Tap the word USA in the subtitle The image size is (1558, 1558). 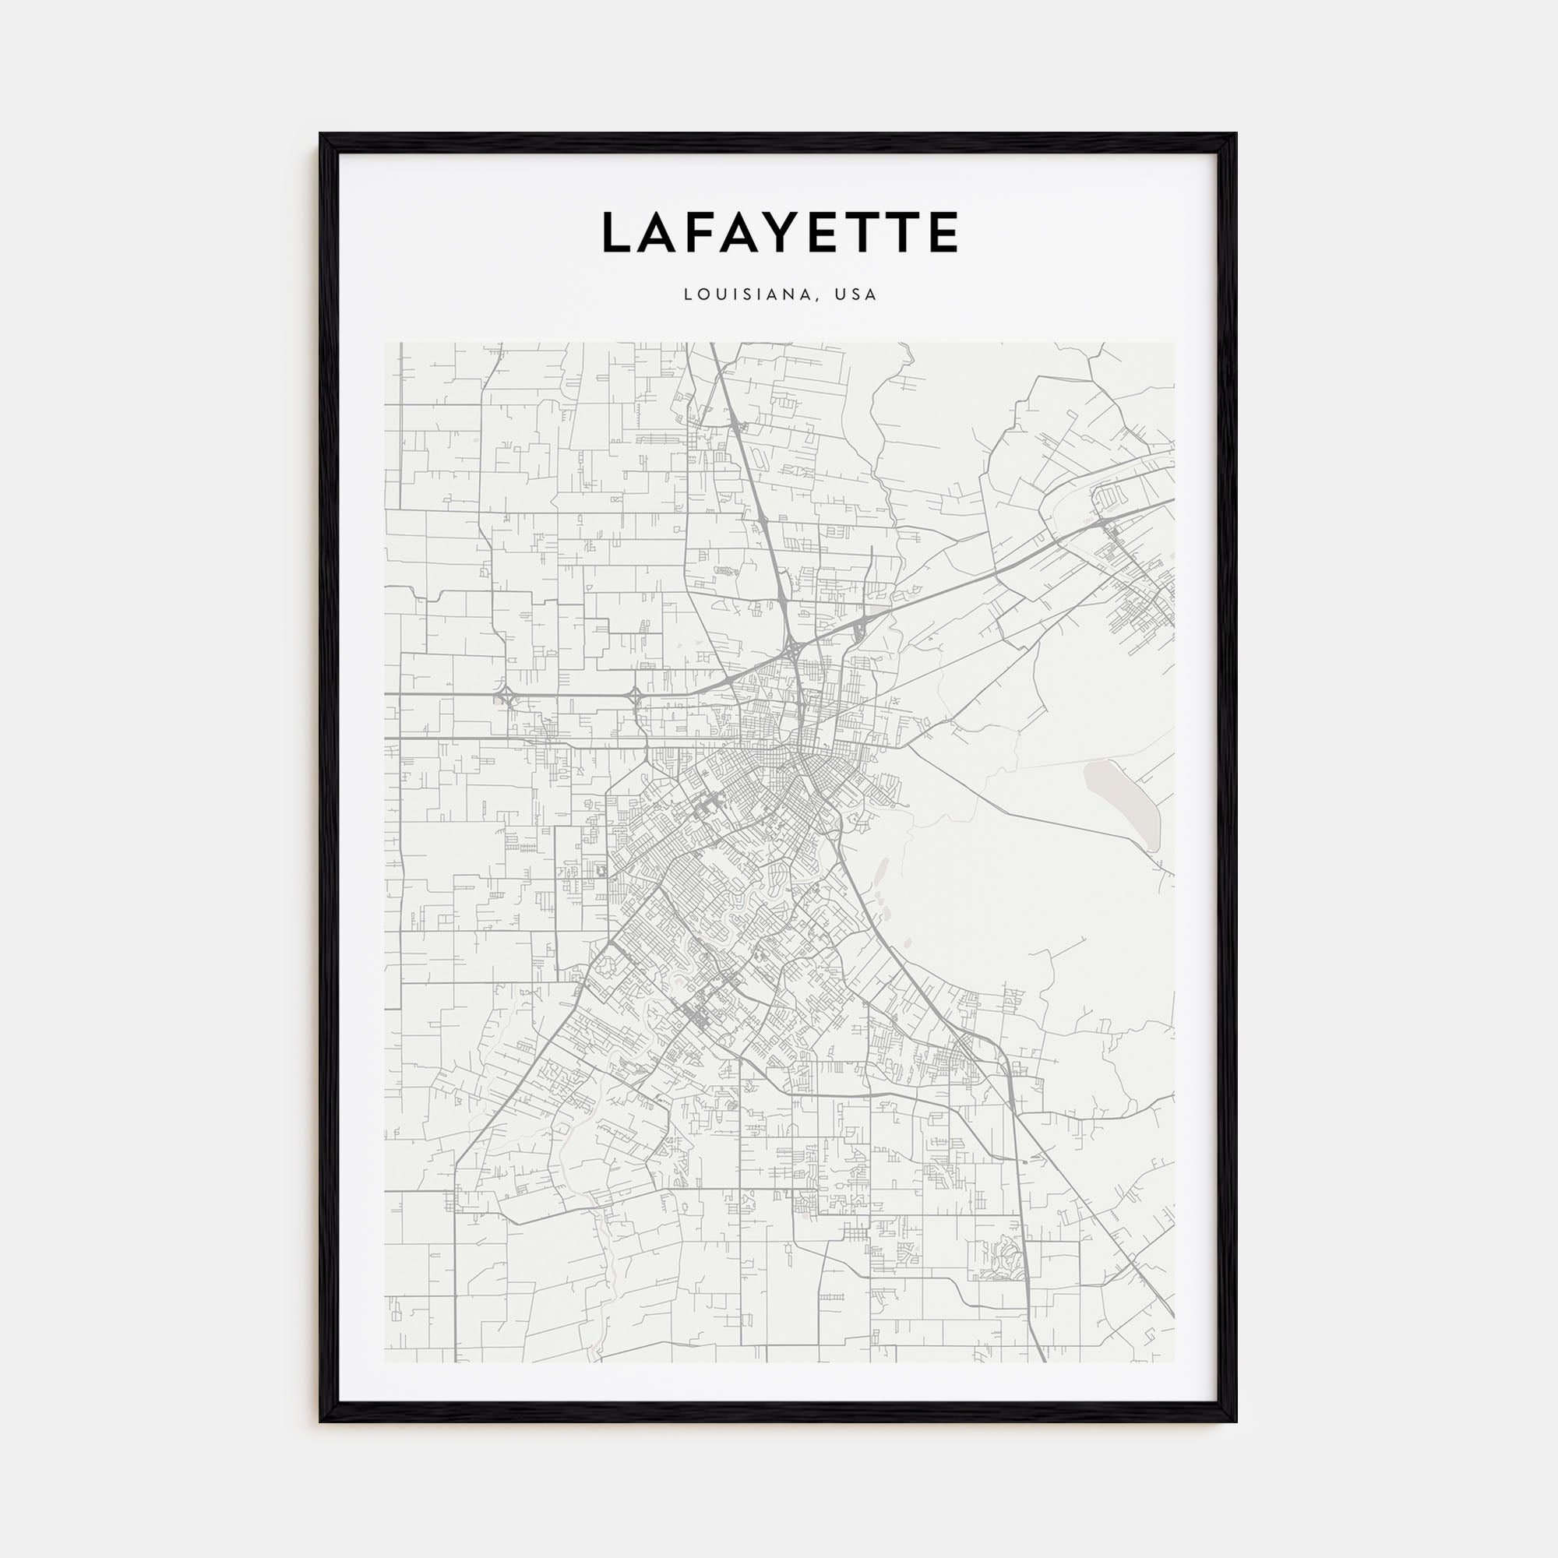855,295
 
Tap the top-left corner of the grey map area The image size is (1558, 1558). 386,344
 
